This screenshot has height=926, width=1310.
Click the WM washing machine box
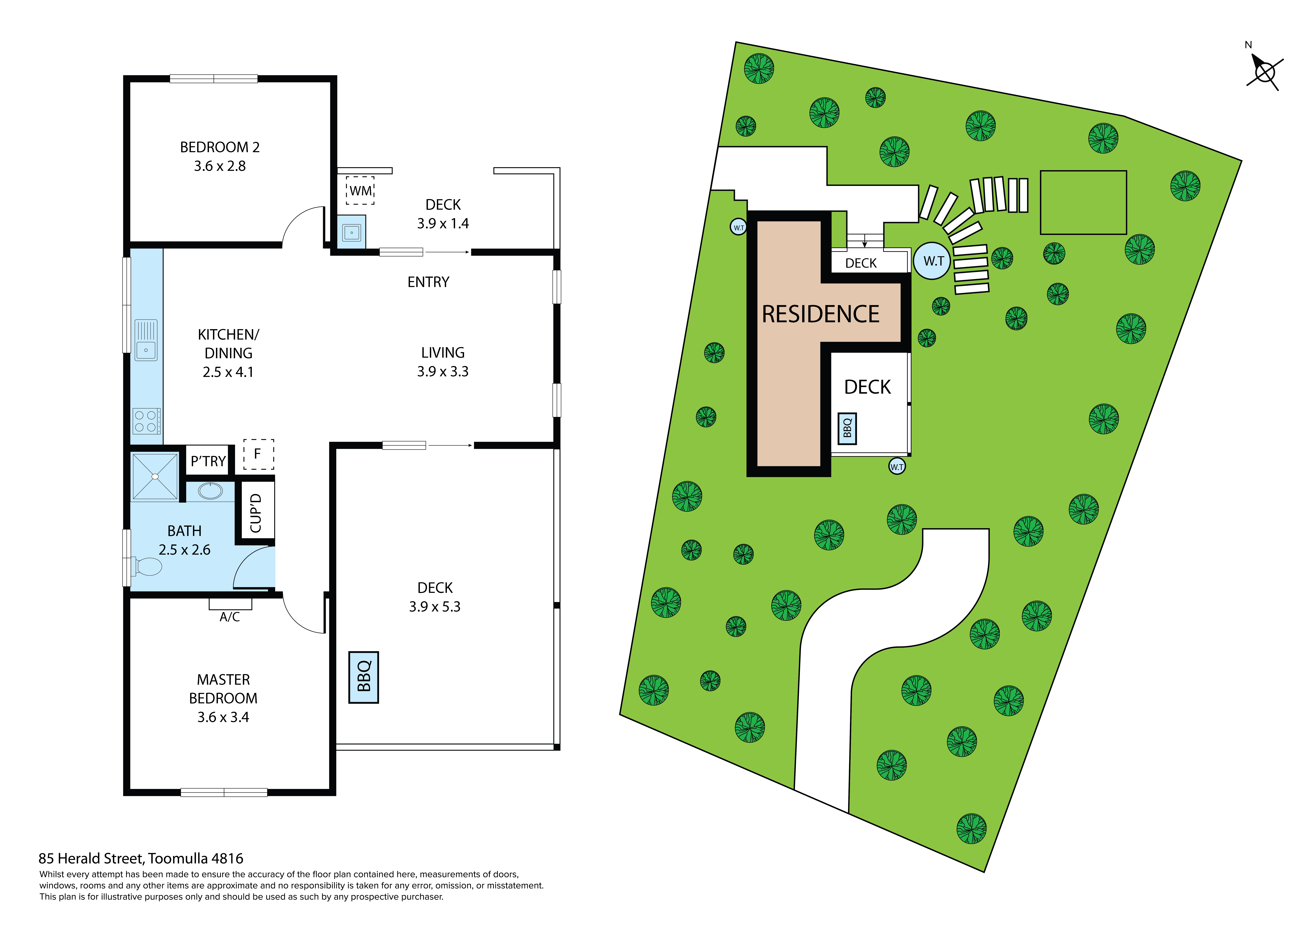click(x=360, y=191)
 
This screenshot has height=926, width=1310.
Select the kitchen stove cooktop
click(x=146, y=421)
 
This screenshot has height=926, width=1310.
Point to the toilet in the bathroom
click(x=147, y=567)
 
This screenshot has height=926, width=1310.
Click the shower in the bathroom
click(x=155, y=476)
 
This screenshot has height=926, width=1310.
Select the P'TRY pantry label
click(x=208, y=461)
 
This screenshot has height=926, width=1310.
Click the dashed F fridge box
click(x=259, y=454)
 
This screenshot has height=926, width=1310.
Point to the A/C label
click(x=230, y=617)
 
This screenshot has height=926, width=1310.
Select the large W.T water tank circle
click(x=933, y=261)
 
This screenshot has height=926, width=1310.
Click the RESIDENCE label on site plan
click(x=820, y=314)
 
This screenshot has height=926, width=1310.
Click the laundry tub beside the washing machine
click(x=351, y=232)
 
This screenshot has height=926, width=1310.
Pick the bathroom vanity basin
click(x=211, y=491)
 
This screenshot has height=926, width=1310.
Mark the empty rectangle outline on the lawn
click(x=1083, y=202)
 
